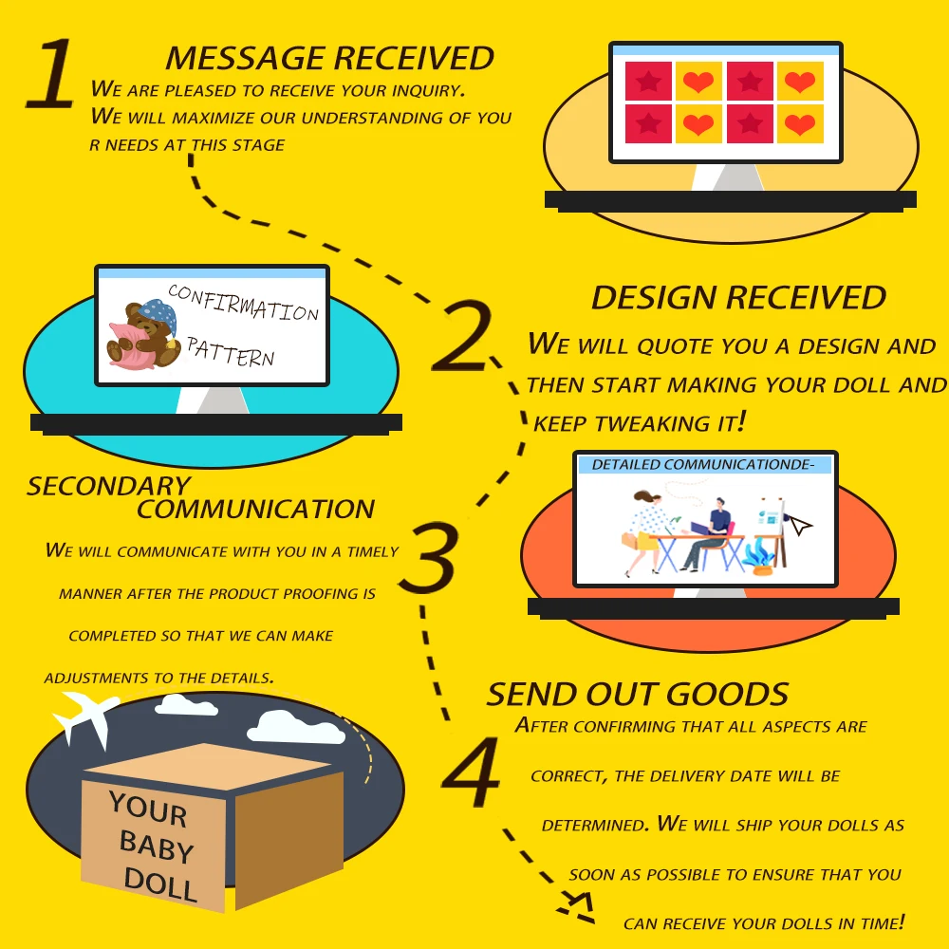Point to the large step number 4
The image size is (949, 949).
coord(471,776)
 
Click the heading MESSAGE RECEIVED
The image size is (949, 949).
coord(329,58)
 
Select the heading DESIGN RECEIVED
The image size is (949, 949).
coord(738,297)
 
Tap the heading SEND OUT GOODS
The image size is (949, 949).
coord(638,694)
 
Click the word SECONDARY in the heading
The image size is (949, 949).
coord(108,487)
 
